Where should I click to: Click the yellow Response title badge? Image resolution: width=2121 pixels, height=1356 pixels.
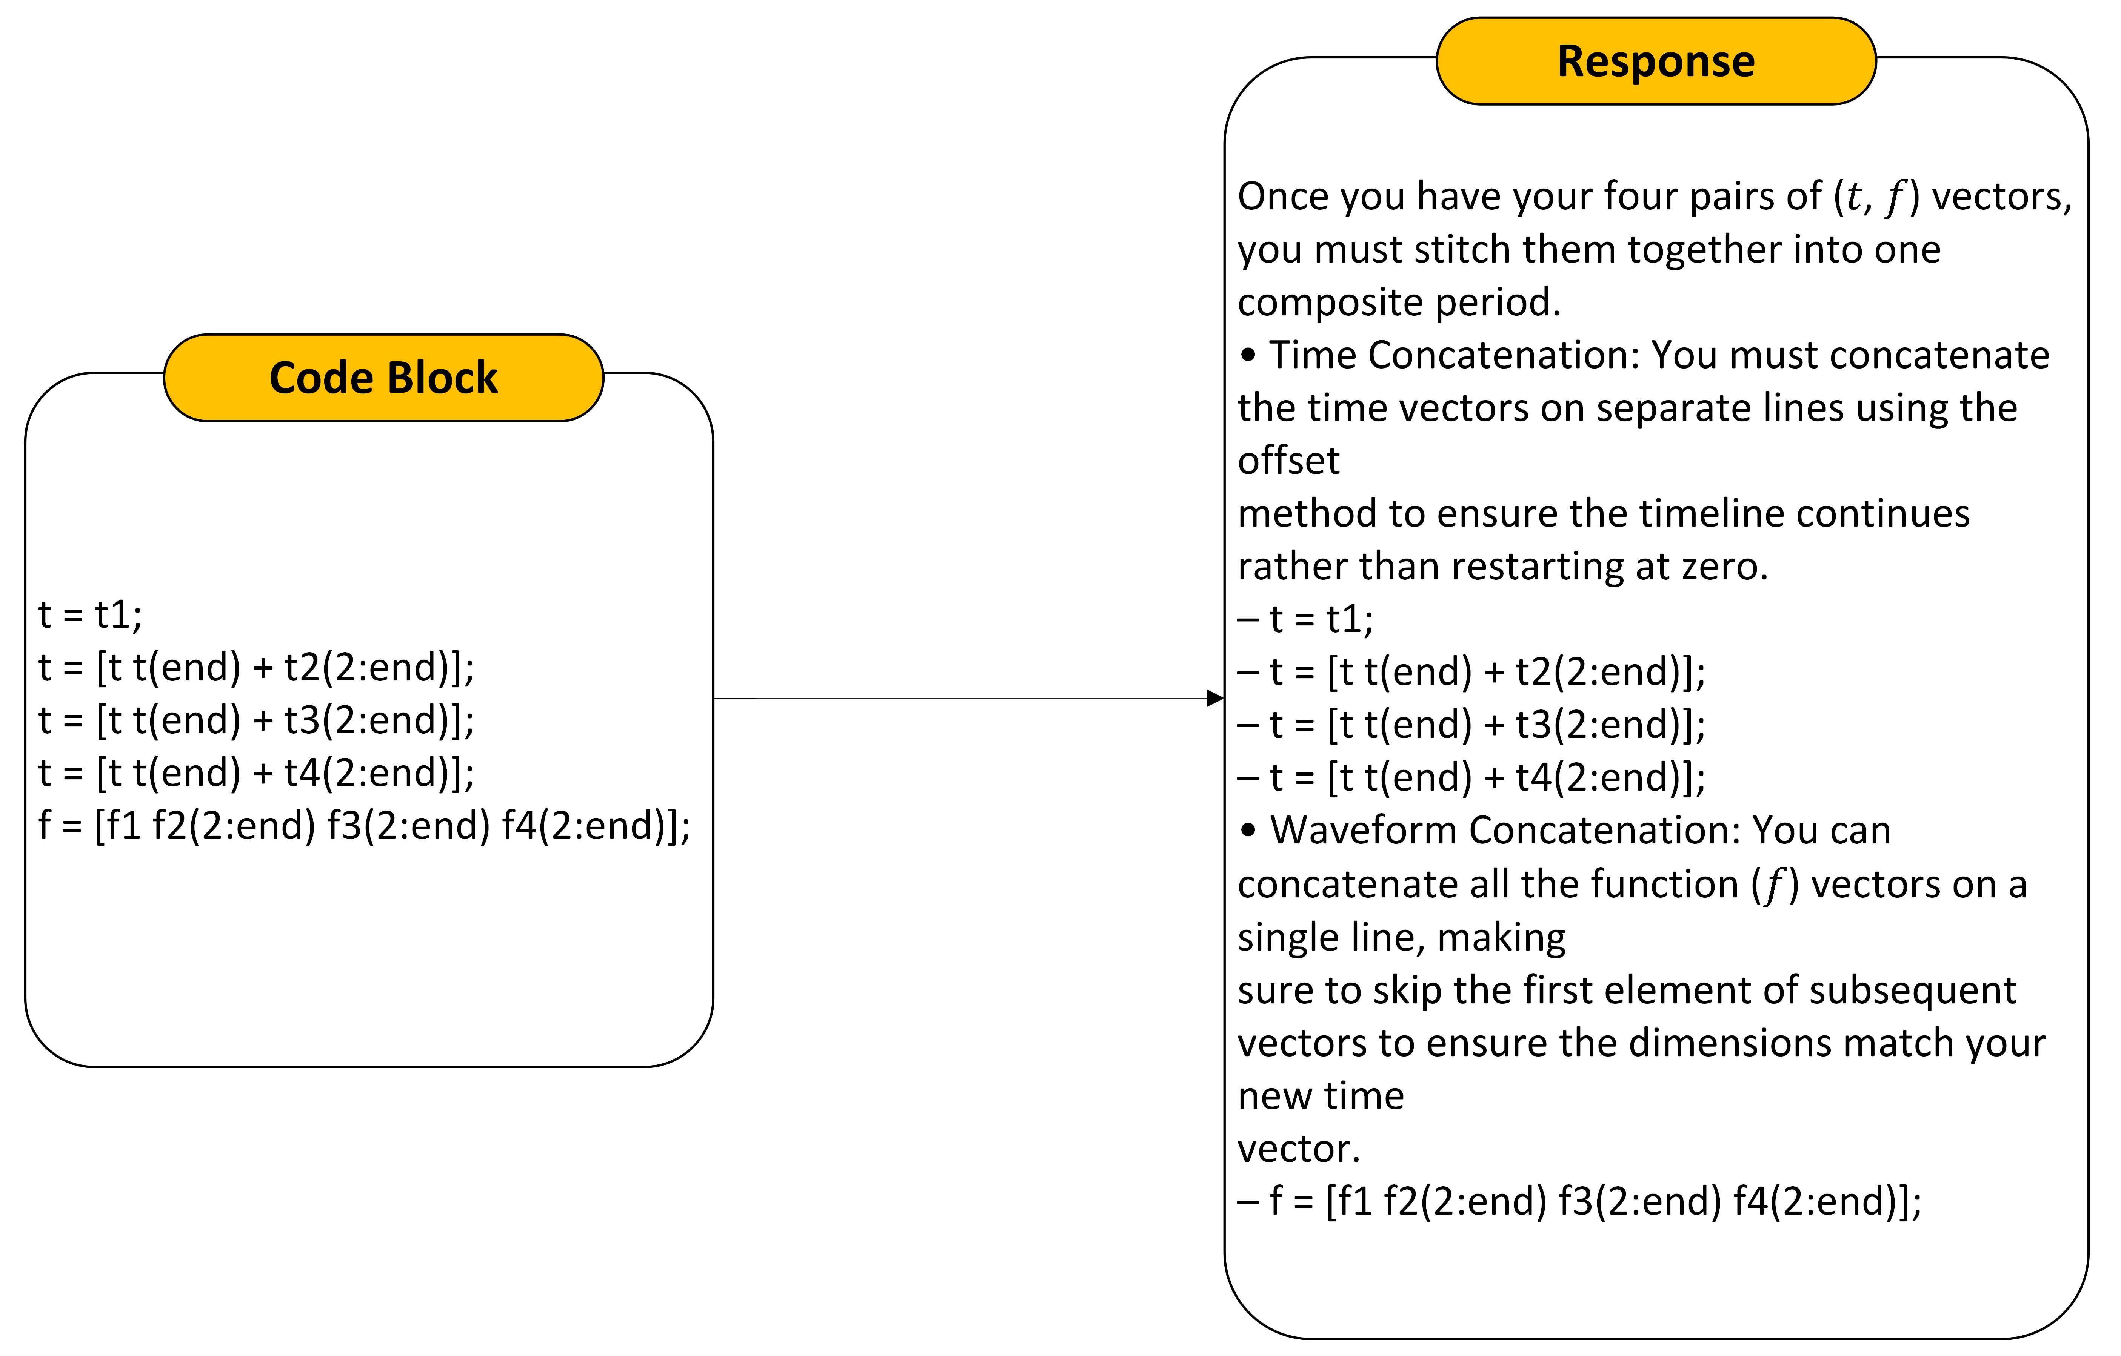coord(1656,61)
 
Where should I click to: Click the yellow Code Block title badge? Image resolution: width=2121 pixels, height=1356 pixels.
coord(384,378)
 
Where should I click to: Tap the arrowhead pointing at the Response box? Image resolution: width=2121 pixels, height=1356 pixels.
coord(1216,698)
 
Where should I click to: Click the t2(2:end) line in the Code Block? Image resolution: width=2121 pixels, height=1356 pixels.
coord(256,667)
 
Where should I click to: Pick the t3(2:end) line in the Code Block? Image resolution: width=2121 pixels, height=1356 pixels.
coord(256,720)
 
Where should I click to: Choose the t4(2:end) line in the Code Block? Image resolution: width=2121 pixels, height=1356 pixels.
coord(256,773)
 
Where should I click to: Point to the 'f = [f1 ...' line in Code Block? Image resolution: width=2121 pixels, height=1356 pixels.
coord(365,826)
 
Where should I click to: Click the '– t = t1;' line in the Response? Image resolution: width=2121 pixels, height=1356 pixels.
coord(1305,619)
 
